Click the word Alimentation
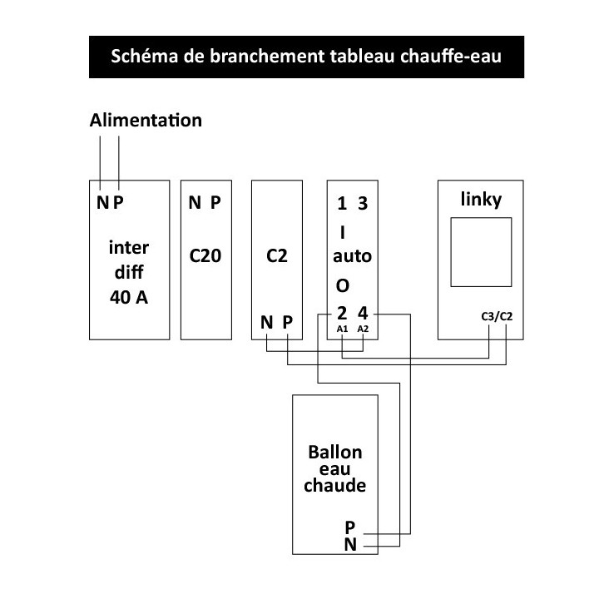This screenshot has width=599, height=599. click(146, 121)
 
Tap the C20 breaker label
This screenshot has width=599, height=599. click(205, 255)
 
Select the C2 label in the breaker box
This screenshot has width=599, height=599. click(276, 255)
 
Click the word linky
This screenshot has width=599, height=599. click(481, 200)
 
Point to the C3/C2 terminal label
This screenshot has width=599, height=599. click(497, 317)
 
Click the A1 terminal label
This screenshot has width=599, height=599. click(342, 329)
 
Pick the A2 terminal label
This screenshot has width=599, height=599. click(363, 329)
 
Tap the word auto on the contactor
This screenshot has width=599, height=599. click(352, 256)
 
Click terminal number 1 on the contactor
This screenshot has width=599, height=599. click(342, 204)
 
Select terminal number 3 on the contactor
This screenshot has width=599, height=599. click(363, 204)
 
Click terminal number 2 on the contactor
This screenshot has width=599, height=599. click(342, 314)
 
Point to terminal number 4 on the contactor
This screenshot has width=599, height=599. click(363, 314)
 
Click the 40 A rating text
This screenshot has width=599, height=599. click(129, 297)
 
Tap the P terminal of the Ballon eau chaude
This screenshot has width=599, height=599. click(350, 527)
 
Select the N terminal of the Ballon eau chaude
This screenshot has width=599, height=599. click(350, 544)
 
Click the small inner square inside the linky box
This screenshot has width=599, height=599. click(481, 218)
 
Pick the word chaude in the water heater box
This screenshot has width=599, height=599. click(335, 485)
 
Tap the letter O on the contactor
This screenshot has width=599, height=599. click(342, 285)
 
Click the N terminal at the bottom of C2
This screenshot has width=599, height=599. click(267, 323)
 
